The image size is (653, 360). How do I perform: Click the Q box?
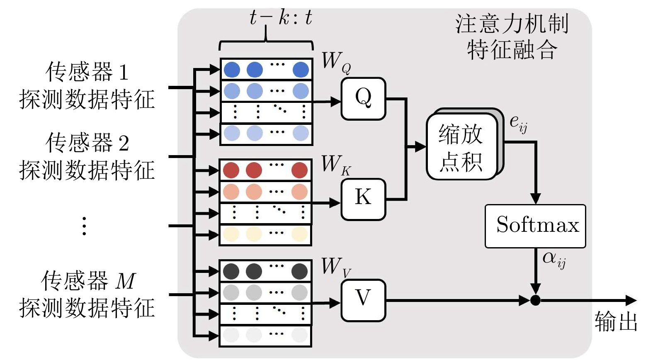(363, 99)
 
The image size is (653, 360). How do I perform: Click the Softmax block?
(535, 226)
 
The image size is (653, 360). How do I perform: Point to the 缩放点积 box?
(461, 147)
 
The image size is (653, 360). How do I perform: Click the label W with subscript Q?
(335, 62)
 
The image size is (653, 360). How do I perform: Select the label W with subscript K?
(335, 165)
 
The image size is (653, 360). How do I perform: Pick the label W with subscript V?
(335, 267)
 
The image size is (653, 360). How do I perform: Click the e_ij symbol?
(518, 123)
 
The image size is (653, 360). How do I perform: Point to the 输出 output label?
(616, 322)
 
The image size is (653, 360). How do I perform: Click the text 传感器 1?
(87, 72)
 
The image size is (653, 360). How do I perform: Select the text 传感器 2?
(87, 143)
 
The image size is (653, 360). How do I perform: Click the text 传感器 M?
(88, 281)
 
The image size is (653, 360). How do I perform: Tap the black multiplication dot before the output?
(535, 300)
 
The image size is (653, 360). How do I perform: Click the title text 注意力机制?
(512, 24)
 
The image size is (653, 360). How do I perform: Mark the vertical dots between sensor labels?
(84, 226)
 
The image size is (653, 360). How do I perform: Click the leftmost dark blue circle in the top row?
(232, 69)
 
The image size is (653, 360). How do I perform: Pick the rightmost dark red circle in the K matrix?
(299, 170)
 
